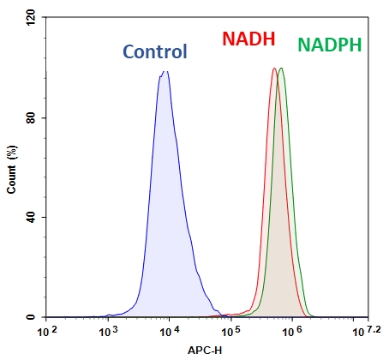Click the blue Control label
(x=155, y=51)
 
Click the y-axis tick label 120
(x=32, y=17)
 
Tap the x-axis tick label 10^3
(x=107, y=331)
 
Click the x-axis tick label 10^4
(x=168, y=331)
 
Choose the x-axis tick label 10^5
(x=230, y=331)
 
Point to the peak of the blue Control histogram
(x=165, y=72)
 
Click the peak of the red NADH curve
(x=274, y=69)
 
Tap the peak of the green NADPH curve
(x=281, y=69)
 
